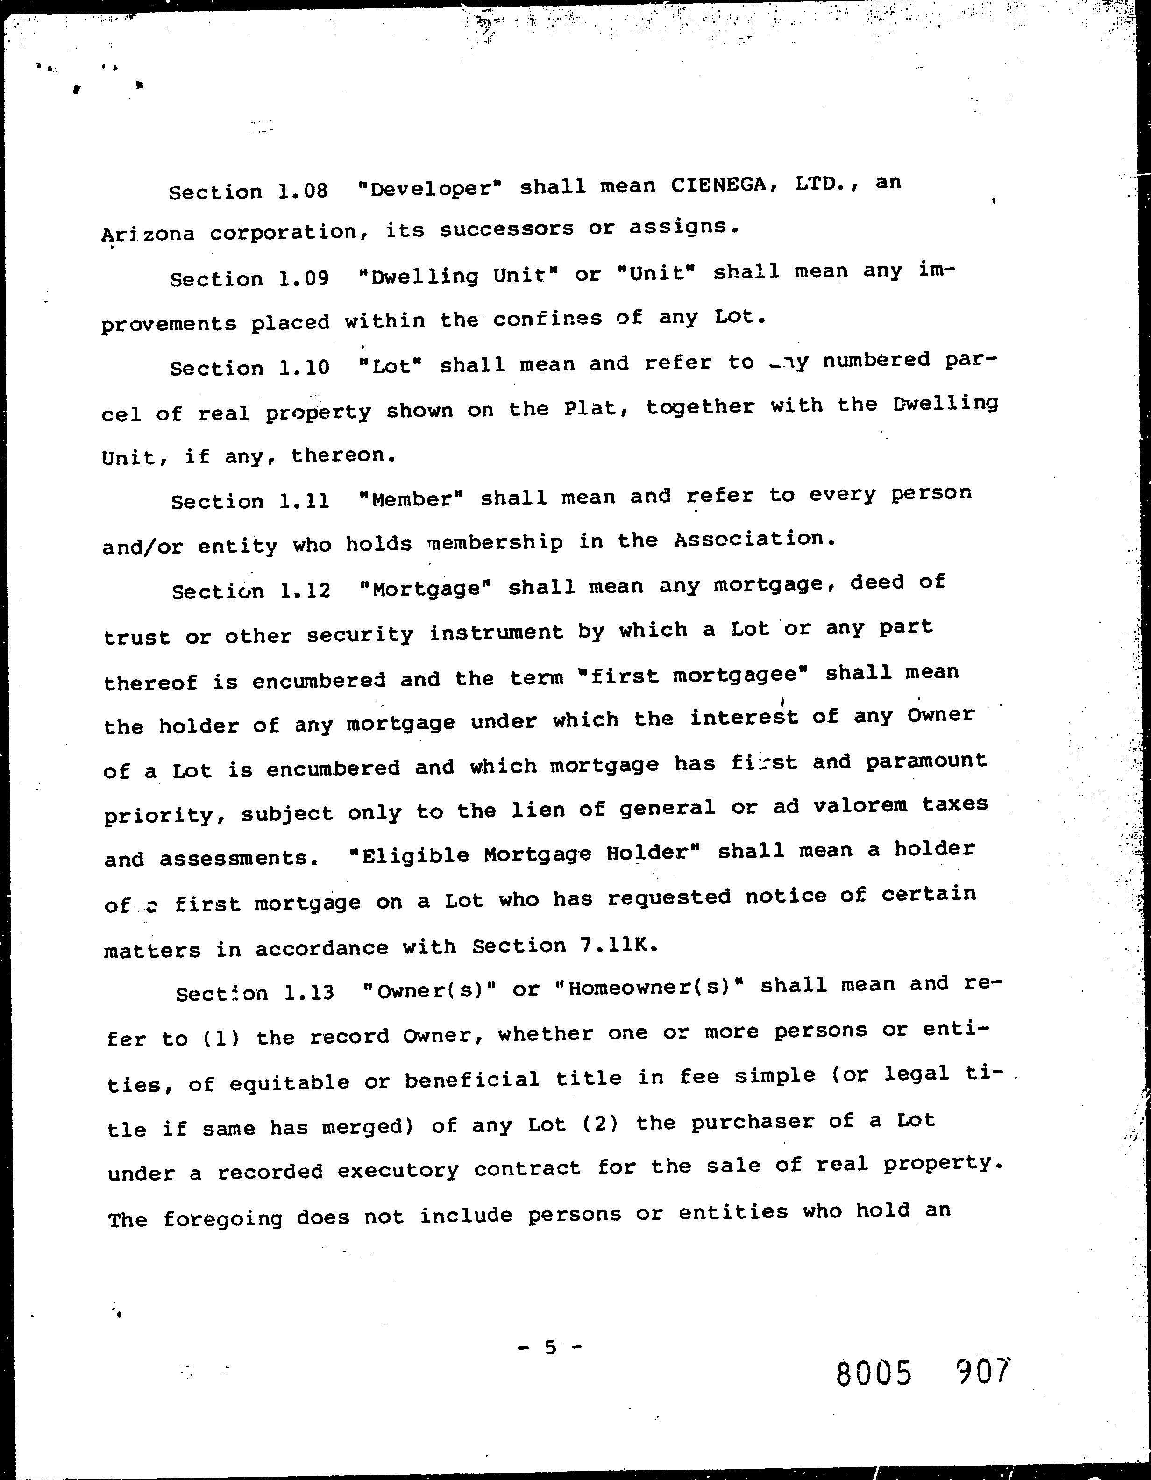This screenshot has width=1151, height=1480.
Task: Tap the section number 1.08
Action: click(303, 191)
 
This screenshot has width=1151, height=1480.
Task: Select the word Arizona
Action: click(148, 234)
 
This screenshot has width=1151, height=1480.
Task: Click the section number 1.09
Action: click(304, 278)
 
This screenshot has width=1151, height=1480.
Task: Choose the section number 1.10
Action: click(304, 367)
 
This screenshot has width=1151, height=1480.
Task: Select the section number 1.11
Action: click(304, 501)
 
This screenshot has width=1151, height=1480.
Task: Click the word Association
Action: click(754, 540)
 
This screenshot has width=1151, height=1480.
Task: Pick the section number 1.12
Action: click(306, 590)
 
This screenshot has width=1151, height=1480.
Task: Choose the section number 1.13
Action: click(309, 993)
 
